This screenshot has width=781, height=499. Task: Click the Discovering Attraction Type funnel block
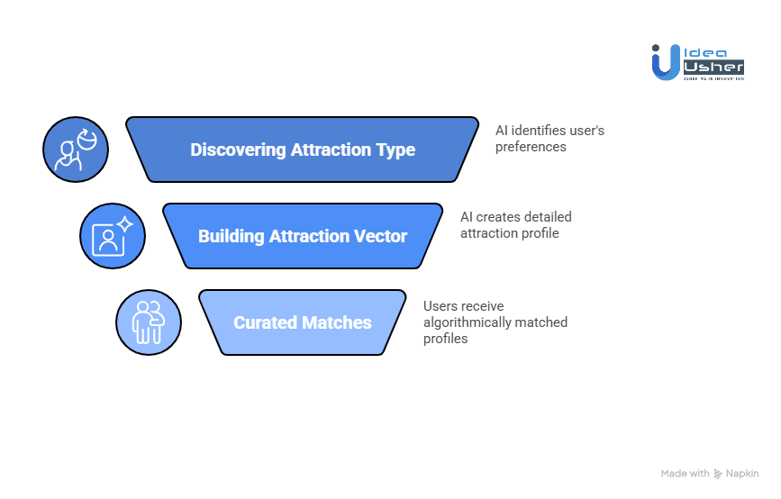click(x=303, y=150)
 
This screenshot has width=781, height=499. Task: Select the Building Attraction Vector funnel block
click(x=303, y=236)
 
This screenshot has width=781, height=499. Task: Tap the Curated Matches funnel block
click(x=303, y=322)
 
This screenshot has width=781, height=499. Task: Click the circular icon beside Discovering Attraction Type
click(x=76, y=150)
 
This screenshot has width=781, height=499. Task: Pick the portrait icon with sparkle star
click(x=112, y=236)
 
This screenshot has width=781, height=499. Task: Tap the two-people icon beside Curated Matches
click(x=148, y=322)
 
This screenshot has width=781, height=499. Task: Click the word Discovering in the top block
click(x=237, y=150)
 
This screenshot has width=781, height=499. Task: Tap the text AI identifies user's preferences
click(x=549, y=138)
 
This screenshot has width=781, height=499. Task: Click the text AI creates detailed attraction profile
click(x=515, y=225)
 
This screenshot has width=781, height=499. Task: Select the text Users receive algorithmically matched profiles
click(x=495, y=322)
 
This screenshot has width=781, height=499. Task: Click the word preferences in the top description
click(x=531, y=146)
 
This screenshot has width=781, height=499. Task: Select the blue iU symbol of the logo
click(x=666, y=62)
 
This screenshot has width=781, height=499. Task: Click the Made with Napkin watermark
click(x=710, y=474)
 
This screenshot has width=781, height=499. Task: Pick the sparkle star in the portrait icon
click(x=125, y=224)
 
